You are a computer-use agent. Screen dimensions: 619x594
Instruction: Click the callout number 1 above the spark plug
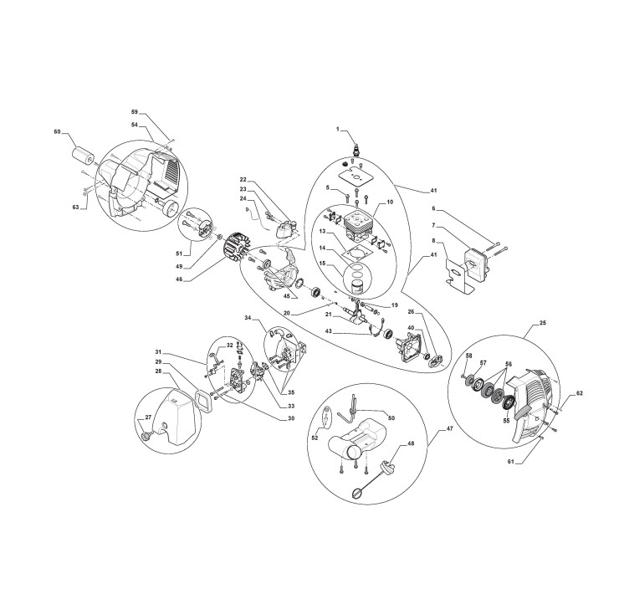[338, 130]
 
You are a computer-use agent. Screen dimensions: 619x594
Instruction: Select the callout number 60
[57, 132]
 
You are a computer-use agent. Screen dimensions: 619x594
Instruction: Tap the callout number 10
[389, 203]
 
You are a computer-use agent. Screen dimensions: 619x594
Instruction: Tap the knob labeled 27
[146, 435]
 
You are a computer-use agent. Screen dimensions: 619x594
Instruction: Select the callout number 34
[248, 318]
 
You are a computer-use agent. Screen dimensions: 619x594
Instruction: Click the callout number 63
[75, 207]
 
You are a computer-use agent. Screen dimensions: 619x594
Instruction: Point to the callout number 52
[315, 438]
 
